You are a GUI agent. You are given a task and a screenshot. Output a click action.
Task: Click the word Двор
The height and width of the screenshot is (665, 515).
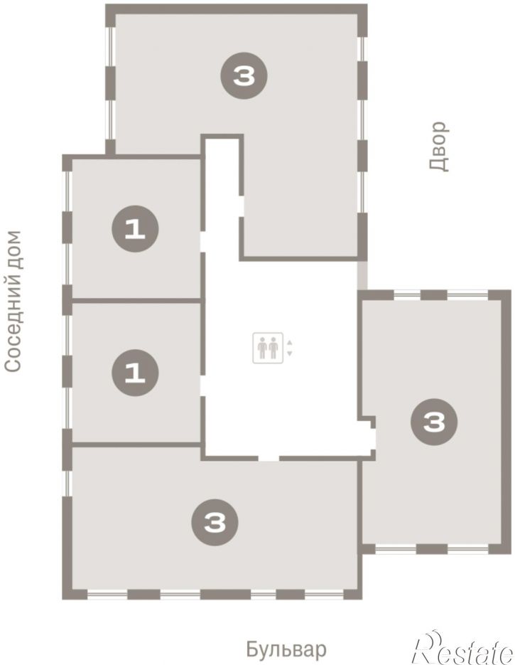pyautogui.click(x=439, y=147)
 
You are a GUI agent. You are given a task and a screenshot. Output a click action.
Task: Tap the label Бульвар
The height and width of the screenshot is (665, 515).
pyautogui.click(x=286, y=649)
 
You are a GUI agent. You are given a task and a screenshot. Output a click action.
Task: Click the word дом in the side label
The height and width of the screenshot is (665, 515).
pyautogui.click(x=13, y=250)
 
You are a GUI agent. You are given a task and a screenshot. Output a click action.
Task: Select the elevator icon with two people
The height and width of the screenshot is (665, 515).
pyautogui.click(x=268, y=349)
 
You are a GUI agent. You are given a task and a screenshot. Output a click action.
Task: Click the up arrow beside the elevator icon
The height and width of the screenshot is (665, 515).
pyautogui.click(x=290, y=342)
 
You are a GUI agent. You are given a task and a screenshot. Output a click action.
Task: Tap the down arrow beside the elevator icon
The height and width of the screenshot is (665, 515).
pyautogui.click(x=290, y=353)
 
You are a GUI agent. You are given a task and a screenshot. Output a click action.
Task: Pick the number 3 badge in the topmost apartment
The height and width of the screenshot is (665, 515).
pyautogui.click(x=244, y=76)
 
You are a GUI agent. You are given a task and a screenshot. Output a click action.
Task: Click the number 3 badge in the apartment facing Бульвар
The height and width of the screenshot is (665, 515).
pyautogui.click(x=215, y=523)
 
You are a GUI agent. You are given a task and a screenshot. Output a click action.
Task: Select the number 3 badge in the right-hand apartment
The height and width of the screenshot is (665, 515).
pyautogui.click(x=434, y=422)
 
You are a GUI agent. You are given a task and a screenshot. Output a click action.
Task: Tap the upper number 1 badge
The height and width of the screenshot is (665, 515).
pyautogui.click(x=135, y=229)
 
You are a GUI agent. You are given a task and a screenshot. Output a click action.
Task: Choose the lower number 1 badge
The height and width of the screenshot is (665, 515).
pyautogui.click(x=135, y=373)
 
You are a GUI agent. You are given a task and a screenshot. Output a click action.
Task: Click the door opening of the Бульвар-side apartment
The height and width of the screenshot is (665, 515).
pyautogui.click(x=269, y=459)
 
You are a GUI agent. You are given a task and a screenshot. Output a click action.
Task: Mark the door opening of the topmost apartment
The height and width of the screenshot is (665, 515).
pyautogui.click(x=241, y=206)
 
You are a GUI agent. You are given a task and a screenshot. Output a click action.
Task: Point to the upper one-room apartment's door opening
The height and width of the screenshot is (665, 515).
pyautogui.click(x=203, y=242)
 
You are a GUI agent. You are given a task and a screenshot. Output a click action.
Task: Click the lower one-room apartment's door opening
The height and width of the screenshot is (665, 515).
pyautogui.click(x=203, y=386)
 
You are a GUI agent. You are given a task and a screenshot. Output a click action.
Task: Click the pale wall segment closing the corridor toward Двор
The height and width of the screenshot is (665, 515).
pyautogui.click(x=362, y=275)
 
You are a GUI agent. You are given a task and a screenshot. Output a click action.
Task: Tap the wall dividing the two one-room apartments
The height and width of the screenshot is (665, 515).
pyautogui.click(x=136, y=301)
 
